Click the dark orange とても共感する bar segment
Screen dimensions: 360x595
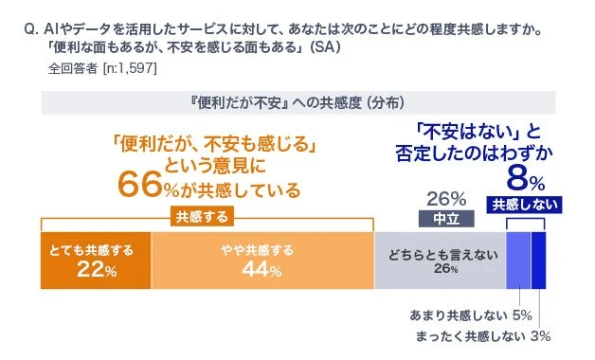[x=95, y=260]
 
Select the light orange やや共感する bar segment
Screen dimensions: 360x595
[x=262, y=260]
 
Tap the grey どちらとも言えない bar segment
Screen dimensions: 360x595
[x=440, y=260]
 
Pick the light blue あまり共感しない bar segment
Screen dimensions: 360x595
[x=518, y=260]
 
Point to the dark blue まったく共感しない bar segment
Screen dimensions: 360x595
[x=539, y=260]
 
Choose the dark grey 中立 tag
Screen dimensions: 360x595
[x=444, y=217]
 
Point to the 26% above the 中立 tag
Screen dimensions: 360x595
[x=445, y=198]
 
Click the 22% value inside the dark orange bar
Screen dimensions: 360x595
[x=95, y=271]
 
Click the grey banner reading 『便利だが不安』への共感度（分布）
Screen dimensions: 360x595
[x=297, y=101]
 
